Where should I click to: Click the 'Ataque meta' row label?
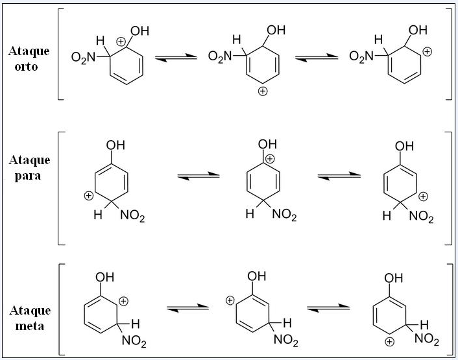[29, 318]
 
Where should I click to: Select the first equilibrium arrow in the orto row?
[178, 58]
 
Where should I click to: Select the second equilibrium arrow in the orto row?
[317, 58]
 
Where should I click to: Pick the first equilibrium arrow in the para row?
[198, 175]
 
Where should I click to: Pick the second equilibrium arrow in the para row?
[339, 175]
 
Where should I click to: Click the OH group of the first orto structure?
[140, 30]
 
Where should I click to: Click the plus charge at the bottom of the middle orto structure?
[262, 91]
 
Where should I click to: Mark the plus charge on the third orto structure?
[427, 50]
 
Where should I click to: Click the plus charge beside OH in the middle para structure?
[271, 159]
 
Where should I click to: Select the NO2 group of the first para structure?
[132, 217]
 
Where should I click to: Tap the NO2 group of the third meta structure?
[427, 339]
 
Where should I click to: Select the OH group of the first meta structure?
[104, 278]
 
